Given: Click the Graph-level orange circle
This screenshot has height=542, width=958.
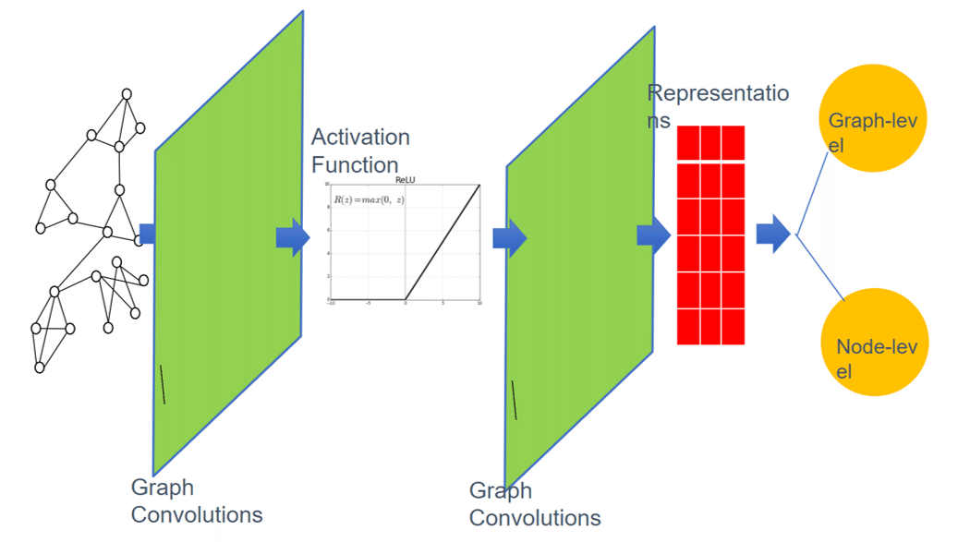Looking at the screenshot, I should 873,118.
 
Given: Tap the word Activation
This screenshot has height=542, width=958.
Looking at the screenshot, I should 360,138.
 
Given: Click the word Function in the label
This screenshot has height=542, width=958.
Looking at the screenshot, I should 355,165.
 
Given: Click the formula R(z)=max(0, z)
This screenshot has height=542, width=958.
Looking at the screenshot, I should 369,200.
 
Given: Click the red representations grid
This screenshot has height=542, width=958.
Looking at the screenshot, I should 710,235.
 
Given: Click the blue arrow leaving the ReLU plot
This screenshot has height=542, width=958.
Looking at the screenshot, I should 509,238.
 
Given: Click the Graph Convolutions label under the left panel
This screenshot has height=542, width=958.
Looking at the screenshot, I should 196,500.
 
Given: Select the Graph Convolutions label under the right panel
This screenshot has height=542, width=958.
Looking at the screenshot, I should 534,504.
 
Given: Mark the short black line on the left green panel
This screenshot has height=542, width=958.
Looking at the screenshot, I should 163,384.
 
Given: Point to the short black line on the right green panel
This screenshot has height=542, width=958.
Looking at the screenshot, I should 514,400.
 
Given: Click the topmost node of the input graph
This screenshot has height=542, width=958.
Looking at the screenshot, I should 127,94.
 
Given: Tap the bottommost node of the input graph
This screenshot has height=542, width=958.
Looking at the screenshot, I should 40,367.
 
